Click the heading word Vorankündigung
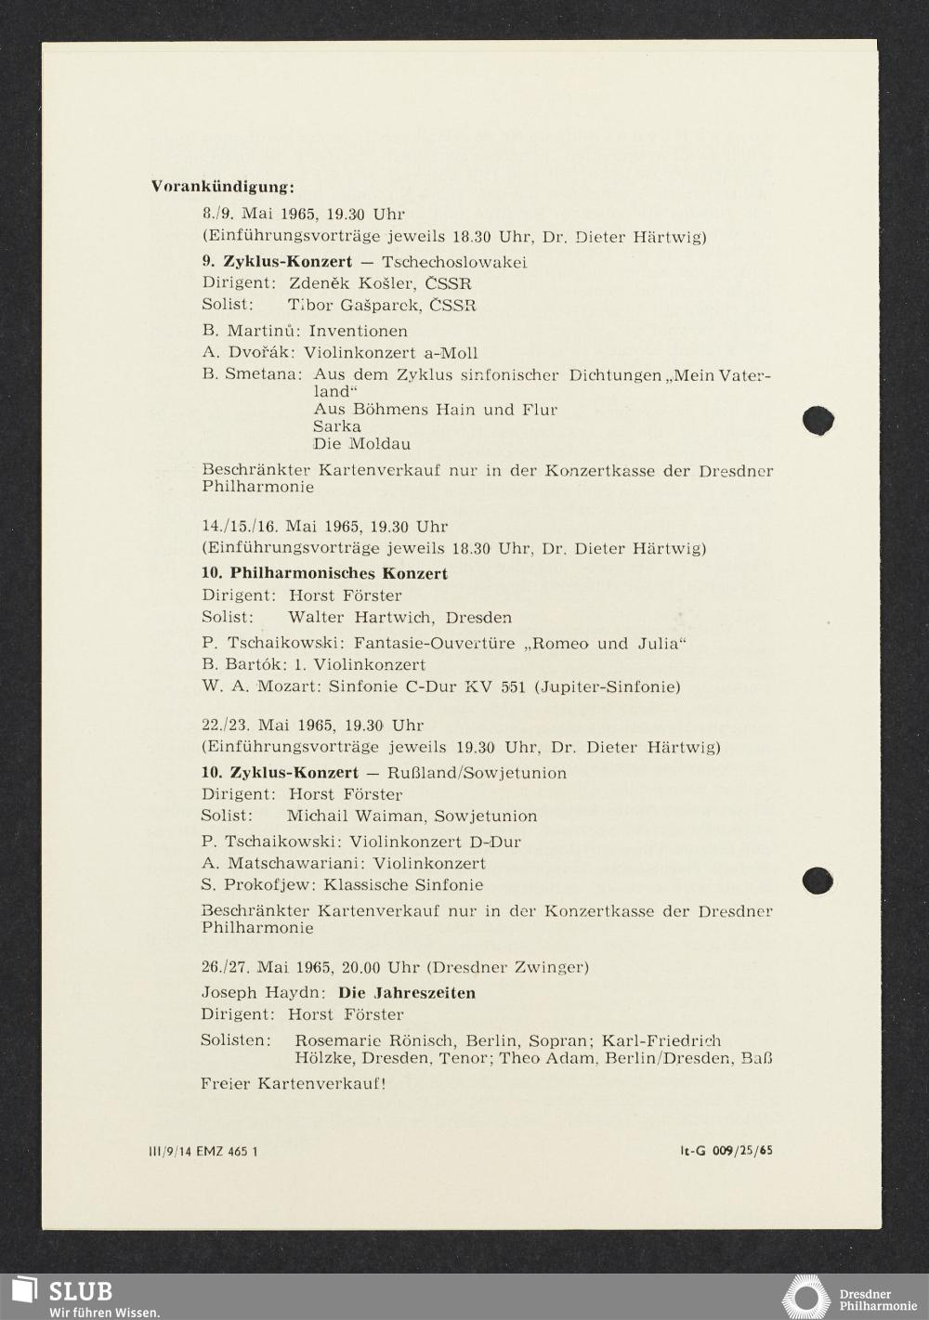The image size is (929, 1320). [222, 187]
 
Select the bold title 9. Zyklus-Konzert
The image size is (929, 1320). [277, 262]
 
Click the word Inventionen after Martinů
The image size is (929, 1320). [358, 331]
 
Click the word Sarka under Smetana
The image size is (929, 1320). [337, 426]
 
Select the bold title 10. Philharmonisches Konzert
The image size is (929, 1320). [324, 573]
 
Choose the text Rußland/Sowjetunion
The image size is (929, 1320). [477, 773]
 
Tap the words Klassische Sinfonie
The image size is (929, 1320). [402, 885]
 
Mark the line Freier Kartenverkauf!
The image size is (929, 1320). [293, 1083]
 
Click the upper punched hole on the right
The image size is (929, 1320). [818, 420]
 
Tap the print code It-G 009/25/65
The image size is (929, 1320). [726, 1151]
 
